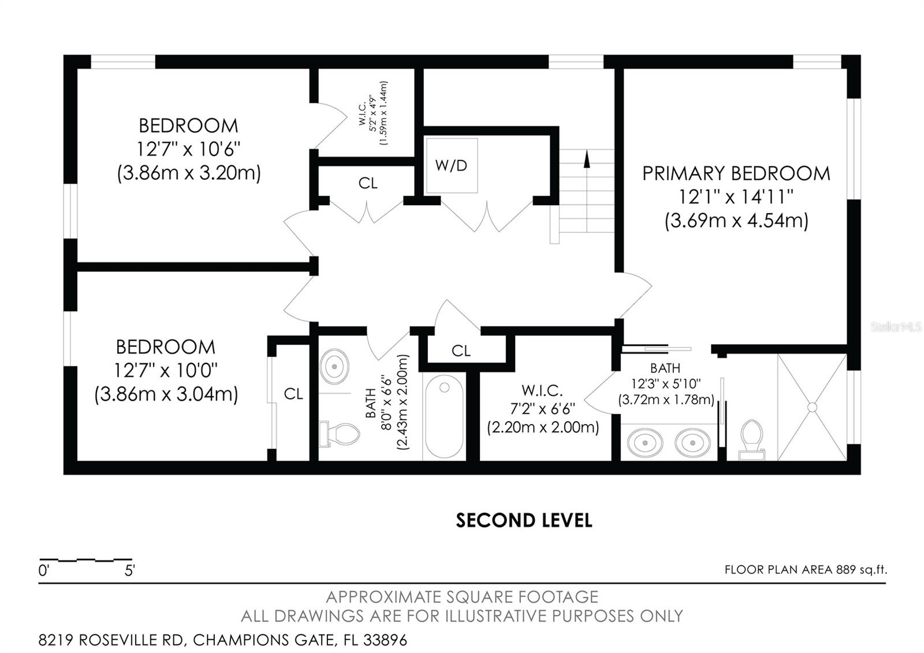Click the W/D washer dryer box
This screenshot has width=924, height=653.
pos(452,165)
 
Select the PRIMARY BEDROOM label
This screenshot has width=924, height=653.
pos(736,173)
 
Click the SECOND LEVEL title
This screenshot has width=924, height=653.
pos(524,521)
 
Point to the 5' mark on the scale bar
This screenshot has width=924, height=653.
pos(129,571)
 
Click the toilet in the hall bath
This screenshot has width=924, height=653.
pos(339,434)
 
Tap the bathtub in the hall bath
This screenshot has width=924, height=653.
pos(444,416)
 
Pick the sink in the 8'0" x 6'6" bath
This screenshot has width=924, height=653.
pos(334,366)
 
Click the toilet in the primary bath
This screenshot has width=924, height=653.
pos(751,440)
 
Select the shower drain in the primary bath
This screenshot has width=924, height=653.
pos(812,407)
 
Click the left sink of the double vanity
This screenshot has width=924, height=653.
pos(644,443)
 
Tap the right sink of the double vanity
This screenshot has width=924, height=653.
pos(692,443)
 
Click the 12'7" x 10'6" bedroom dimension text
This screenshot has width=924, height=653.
pos(188,149)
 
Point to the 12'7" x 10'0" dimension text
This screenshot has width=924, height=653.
pos(165,370)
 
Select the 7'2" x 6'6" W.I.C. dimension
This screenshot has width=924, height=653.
pos(542,409)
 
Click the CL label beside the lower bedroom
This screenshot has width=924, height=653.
pos(293,394)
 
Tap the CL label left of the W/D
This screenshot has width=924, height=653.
pos(368,183)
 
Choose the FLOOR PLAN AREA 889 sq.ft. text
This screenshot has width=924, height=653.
pos(806,570)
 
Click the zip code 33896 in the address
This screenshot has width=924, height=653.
pos(385,640)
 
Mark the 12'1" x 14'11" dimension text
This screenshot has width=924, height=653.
pos(736,197)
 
